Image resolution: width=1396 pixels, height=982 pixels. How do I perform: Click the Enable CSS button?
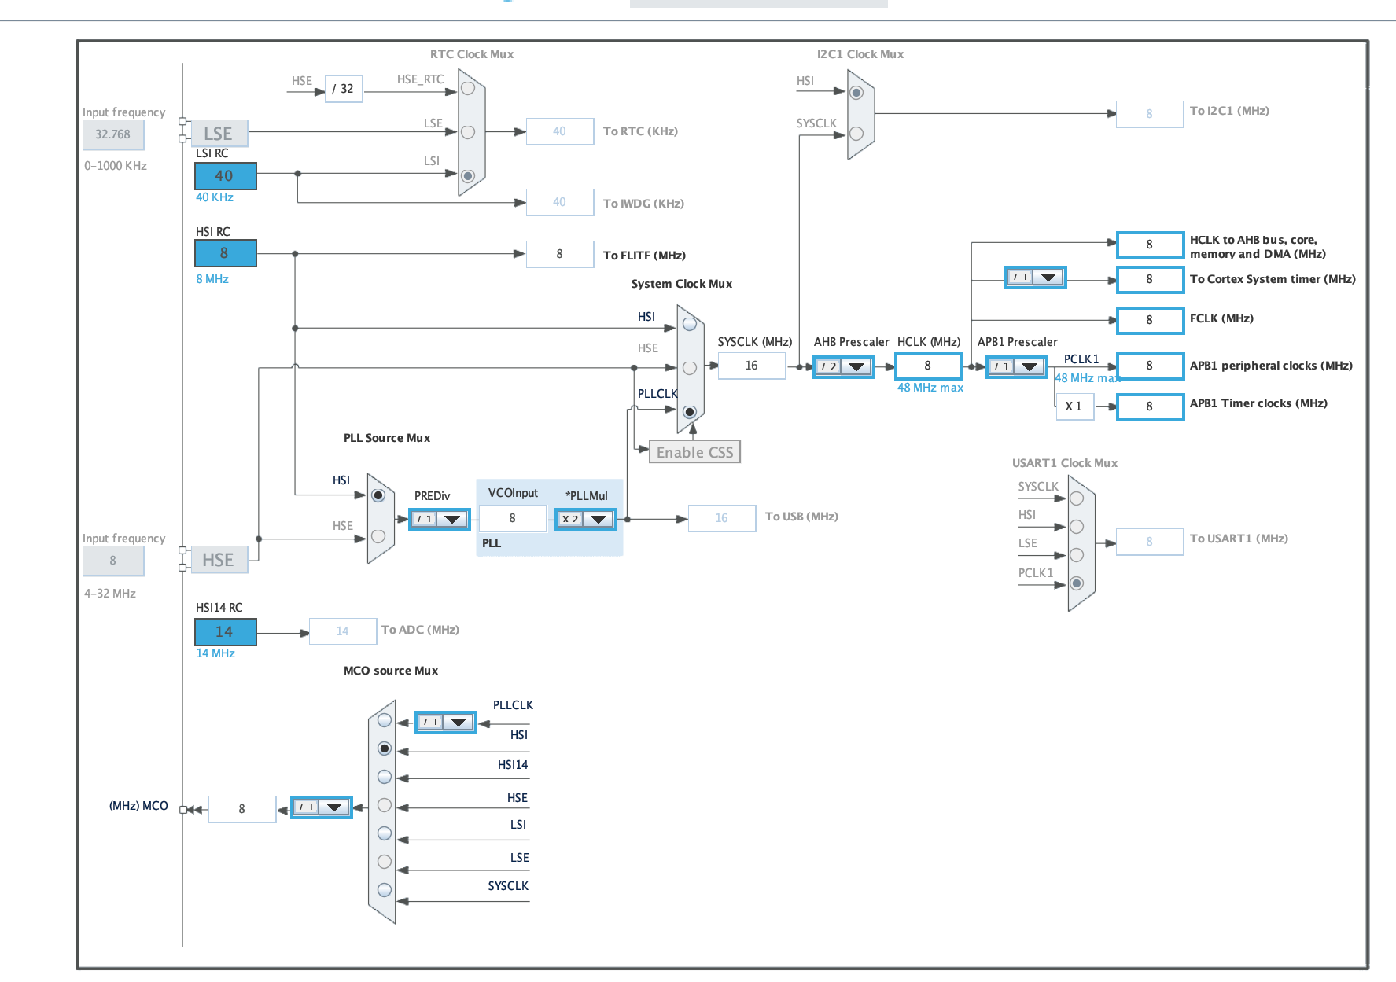tap(694, 452)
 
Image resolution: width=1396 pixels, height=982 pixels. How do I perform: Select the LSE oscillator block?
tap(219, 134)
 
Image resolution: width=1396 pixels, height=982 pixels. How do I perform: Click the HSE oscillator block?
tap(219, 560)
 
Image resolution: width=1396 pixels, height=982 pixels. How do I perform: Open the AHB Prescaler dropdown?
tap(843, 366)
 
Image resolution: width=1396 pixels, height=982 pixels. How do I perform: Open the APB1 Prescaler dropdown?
tap(1016, 366)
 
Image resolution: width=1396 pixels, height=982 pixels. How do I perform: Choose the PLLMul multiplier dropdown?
tap(585, 519)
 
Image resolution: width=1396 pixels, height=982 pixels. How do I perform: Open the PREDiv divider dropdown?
tap(439, 519)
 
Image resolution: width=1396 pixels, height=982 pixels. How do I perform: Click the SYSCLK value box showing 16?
tap(751, 366)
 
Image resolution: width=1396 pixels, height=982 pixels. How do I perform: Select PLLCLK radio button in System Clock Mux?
tap(690, 412)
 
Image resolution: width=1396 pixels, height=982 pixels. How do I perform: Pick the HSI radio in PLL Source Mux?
tap(378, 495)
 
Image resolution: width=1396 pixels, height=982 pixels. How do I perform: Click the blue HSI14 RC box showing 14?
tap(225, 631)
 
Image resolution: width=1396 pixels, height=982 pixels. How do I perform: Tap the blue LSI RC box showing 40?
tap(225, 175)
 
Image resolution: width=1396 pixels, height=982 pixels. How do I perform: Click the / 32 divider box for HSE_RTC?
tap(343, 89)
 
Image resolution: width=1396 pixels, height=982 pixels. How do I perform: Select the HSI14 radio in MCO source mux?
tap(385, 777)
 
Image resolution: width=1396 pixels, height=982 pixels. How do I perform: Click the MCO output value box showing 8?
tap(241, 808)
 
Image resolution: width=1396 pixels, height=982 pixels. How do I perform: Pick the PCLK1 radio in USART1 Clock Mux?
tap(1077, 583)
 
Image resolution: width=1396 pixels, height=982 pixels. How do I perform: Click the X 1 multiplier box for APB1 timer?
tap(1074, 406)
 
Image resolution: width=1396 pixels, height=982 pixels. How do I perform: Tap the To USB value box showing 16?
tap(721, 518)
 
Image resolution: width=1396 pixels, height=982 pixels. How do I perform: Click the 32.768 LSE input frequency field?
tap(113, 134)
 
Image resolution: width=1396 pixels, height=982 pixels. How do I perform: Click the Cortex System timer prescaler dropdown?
tap(1035, 278)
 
